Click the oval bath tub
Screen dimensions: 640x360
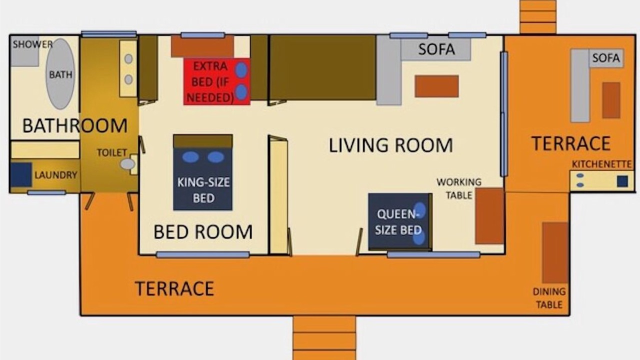[x=60, y=74]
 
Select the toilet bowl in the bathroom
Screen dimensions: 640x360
[x=127, y=164]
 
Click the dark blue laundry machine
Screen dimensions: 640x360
[x=21, y=174]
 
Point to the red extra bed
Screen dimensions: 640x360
[x=217, y=81]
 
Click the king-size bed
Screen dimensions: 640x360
[x=203, y=172]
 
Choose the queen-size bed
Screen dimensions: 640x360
[x=400, y=221]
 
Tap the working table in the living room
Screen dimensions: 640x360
[x=489, y=216]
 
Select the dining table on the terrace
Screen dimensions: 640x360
[x=555, y=252]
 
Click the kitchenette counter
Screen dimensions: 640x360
[x=602, y=180]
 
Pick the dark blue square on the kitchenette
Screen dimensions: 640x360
[x=622, y=181]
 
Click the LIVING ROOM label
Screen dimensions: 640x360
[x=391, y=145]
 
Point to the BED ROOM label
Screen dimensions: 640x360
[x=203, y=231]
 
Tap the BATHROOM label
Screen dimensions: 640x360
[x=75, y=125]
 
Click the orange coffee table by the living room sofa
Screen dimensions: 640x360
[x=437, y=86]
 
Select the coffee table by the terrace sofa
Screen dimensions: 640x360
[x=611, y=100]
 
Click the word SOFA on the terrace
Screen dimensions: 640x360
[x=606, y=58]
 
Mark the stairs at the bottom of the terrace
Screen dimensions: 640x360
[x=324, y=337]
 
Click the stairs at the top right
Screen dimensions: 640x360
[x=538, y=16]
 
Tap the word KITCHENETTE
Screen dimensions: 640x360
[x=601, y=164]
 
